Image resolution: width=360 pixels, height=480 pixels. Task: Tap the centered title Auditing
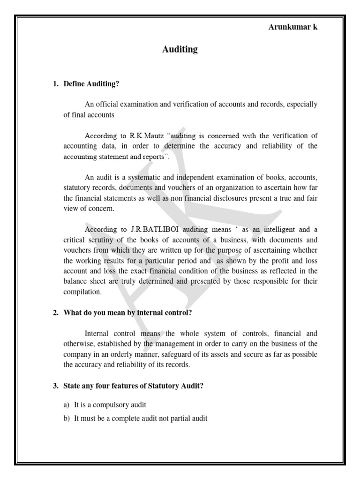180,49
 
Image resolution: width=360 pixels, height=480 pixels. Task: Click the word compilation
82,292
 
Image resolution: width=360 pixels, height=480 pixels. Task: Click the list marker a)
67,405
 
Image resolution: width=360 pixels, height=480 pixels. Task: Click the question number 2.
55,313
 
